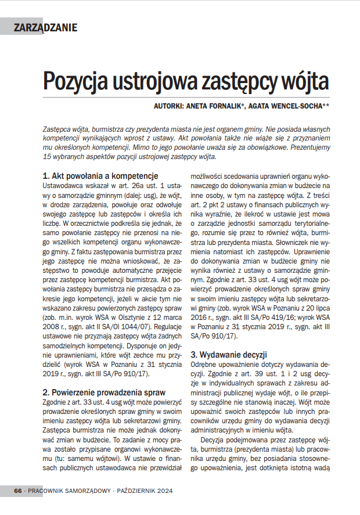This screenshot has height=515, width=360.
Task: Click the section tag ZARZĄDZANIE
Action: (45, 26)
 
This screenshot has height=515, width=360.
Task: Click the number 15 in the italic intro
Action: (48, 157)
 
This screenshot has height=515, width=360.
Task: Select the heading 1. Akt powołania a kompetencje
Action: (100, 175)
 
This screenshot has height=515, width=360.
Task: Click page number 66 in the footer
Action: (18, 491)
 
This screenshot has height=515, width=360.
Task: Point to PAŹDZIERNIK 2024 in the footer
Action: (145, 491)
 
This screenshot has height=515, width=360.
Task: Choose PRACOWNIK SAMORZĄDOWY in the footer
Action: (69, 491)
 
